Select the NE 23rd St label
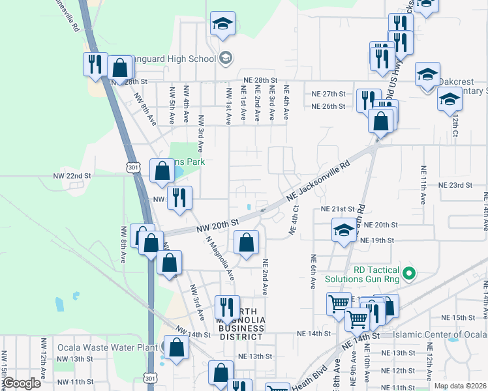(455, 185)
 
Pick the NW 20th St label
(219, 226)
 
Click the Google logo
(22, 383)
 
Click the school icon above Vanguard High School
(222, 25)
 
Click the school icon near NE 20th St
(344, 230)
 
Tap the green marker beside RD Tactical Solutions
(409, 272)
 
